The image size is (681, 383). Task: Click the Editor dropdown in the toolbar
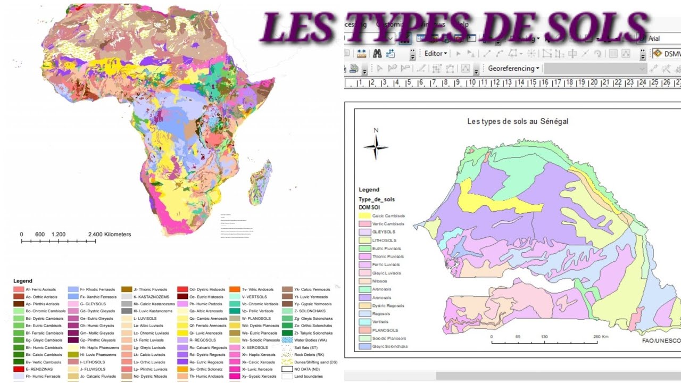(x=435, y=53)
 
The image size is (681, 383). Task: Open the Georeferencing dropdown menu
(x=513, y=69)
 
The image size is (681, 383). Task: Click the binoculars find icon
(x=377, y=53)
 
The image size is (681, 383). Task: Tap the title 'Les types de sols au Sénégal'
(x=517, y=121)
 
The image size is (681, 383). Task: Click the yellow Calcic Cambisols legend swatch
(x=365, y=216)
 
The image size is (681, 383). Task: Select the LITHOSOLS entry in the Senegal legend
(x=383, y=240)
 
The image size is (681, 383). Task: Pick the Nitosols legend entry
(x=379, y=281)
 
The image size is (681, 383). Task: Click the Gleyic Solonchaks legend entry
(x=389, y=346)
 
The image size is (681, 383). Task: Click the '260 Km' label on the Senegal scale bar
(x=600, y=337)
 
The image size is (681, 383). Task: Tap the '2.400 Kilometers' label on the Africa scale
(x=109, y=234)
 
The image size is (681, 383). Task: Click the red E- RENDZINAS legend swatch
(x=19, y=369)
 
